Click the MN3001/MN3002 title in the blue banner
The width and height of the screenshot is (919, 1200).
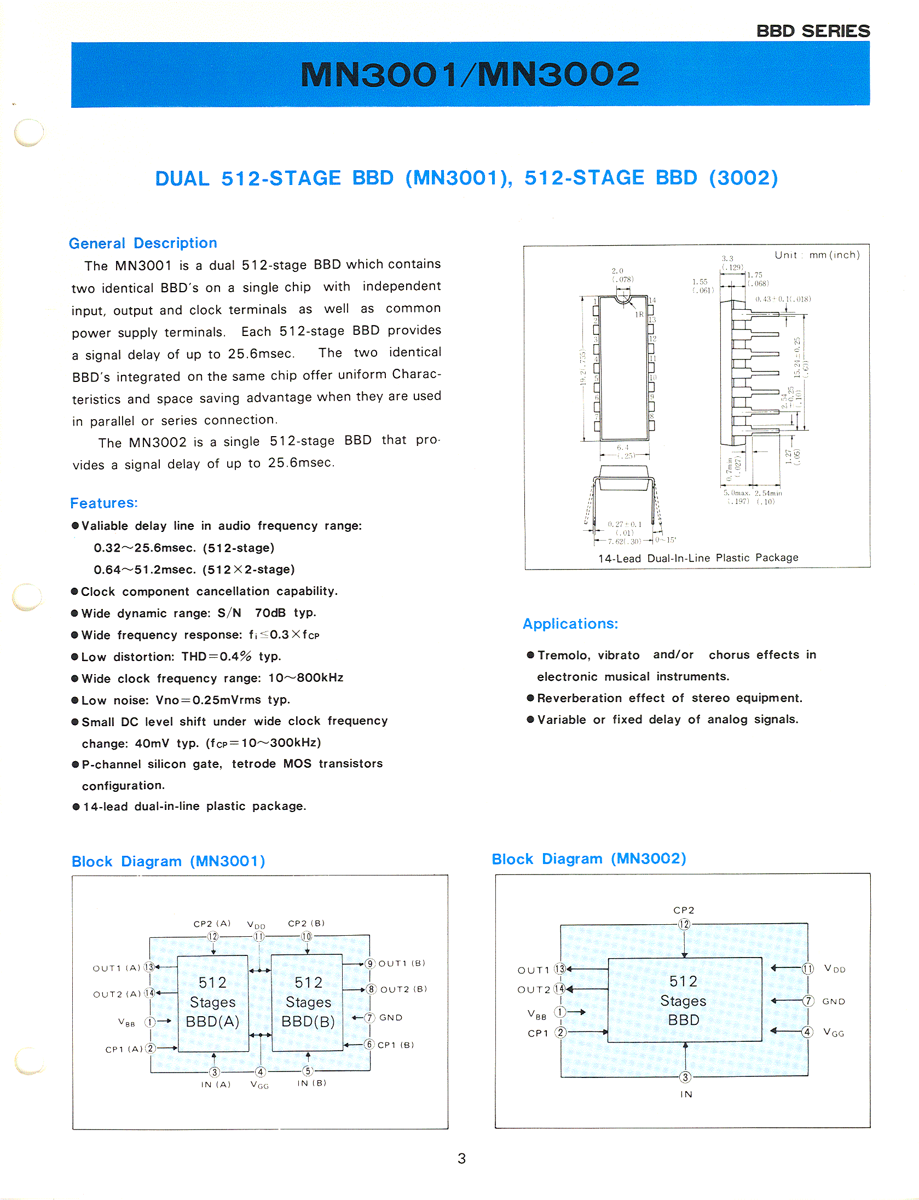point(470,74)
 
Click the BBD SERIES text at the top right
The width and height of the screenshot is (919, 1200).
point(813,31)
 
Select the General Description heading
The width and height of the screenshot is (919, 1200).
point(143,243)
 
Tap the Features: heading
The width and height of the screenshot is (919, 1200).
point(104,503)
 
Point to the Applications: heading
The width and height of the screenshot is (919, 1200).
point(570,624)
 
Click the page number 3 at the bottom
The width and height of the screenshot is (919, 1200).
point(461,1158)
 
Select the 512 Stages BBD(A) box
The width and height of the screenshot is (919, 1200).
point(213,1002)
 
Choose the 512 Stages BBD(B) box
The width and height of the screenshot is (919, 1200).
point(308,1002)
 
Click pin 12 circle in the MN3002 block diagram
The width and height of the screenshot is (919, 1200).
point(684,925)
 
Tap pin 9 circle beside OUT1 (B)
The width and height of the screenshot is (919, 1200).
point(371,964)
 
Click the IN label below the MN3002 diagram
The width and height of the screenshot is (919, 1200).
point(686,1094)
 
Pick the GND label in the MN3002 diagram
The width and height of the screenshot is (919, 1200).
point(834,1001)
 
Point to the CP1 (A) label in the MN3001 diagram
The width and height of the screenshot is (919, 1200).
point(123,1050)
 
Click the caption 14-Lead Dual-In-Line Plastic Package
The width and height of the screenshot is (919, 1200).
point(698,558)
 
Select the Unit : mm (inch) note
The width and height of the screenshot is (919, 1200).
point(817,255)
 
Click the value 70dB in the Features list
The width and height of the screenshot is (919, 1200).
point(270,613)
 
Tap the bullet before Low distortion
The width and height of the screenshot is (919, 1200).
point(75,657)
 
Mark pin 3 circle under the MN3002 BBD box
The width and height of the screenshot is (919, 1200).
point(685,1077)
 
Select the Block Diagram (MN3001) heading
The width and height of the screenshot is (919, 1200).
point(168,861)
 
